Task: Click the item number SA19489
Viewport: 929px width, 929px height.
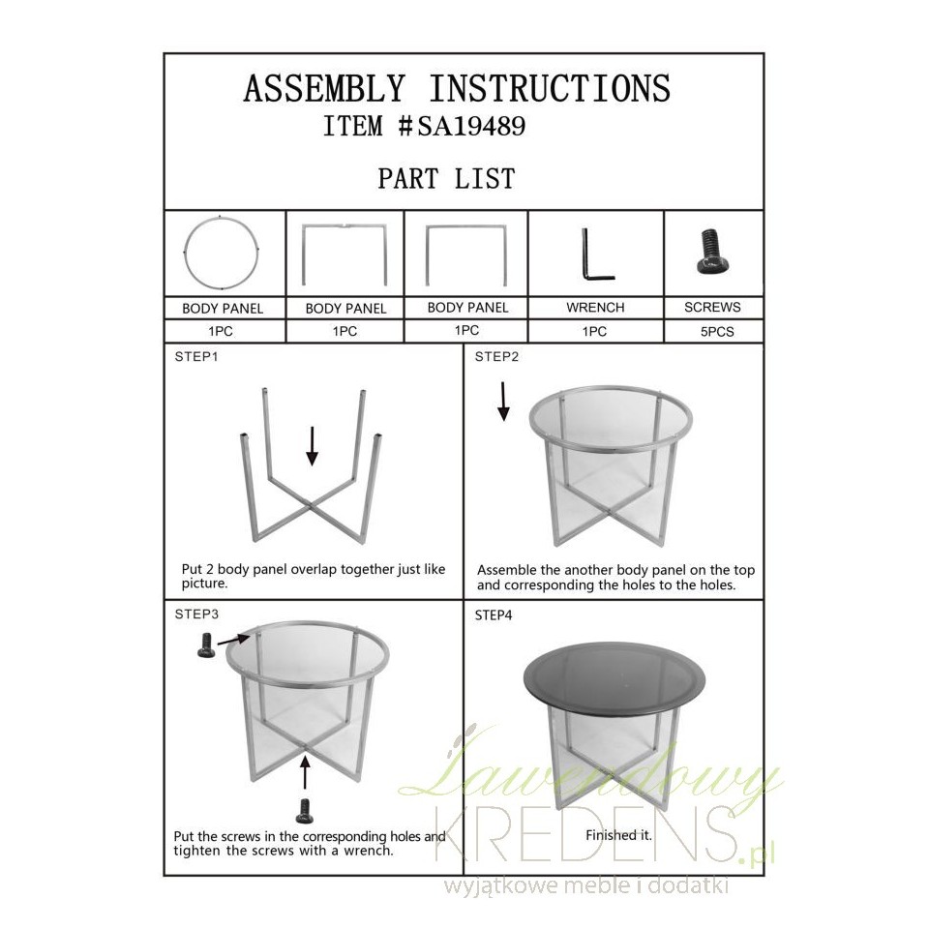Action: tap(471, 126)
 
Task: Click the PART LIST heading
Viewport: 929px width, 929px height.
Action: tap(447, 178)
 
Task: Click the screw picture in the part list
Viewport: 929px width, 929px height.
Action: tap(713, 252)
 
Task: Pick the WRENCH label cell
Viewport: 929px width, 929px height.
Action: tap(595, 308)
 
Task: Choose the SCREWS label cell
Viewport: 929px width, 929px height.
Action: tap(713, 307)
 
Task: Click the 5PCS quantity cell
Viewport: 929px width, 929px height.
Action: tap(717, 332)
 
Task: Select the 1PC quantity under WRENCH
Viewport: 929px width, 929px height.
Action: tap(594, 332)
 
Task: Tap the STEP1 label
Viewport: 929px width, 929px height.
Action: tap(196, 357)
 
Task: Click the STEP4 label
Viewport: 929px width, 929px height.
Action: tap(494, 615)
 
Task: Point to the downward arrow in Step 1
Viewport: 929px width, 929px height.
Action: tap(313, 445)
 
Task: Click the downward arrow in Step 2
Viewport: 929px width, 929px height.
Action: tap(503, 401)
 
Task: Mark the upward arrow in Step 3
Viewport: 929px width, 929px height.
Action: tap(305, 771)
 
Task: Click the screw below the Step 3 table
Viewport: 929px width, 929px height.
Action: tap(305, 811)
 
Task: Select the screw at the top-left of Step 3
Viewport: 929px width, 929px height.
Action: tap(205, 645)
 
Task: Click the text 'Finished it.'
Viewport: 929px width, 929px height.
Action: tap(618, 835)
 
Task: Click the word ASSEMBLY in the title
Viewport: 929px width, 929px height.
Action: tap(324, 88)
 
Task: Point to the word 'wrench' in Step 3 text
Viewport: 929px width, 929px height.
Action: tap(368, 851)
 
